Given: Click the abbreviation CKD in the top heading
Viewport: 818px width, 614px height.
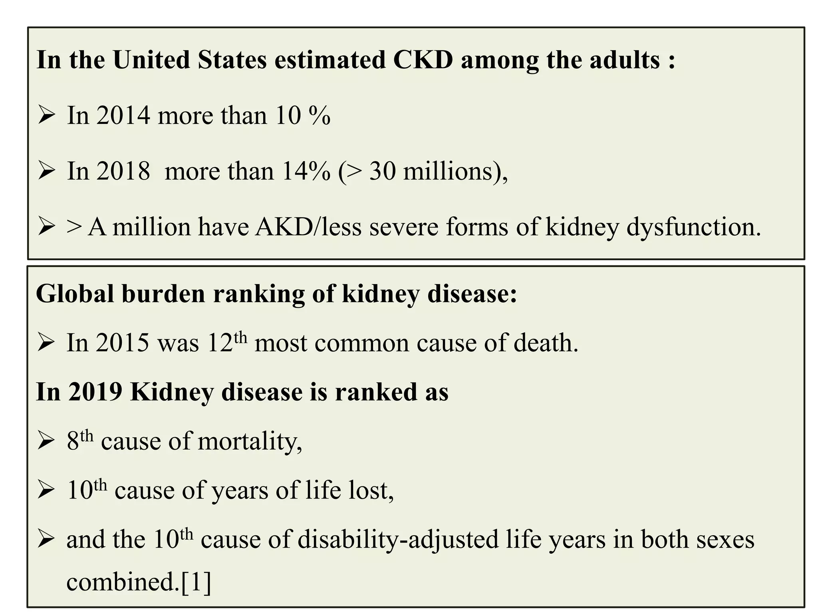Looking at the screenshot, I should click(423, 60).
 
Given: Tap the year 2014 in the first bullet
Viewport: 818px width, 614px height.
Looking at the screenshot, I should click(123, 116).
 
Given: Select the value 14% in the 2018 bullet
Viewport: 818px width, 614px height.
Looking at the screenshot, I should click(306, 171).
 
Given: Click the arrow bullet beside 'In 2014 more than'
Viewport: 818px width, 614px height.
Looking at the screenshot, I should click(46, 116).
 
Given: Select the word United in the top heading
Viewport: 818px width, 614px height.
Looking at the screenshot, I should click(151, 60).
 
